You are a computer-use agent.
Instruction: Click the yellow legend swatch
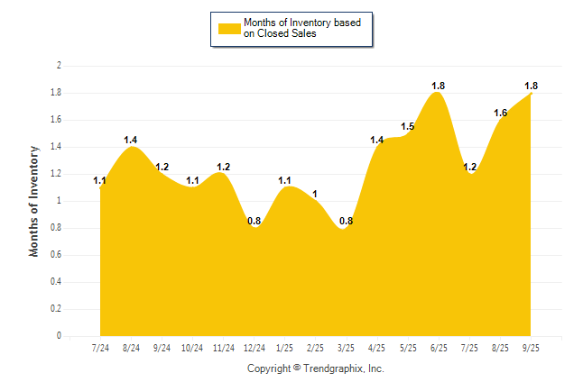pyautogui.click(x=227, y=29)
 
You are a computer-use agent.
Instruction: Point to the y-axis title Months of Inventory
pyautogui.click(x=34, y=201)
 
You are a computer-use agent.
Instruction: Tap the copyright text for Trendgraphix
pyautogui.click(x=315, y=368)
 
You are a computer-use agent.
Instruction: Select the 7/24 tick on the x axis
pyautogui.click(x=100, y=348)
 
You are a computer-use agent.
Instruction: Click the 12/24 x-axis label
pyautogui.click(x=254, y=348)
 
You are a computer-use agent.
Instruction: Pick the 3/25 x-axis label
pyautogui.click(x=347, y=348)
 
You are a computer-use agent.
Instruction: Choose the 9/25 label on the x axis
pyautogui.click(x=532, y=348)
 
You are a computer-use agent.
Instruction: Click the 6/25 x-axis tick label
pyautogui.click(x=439, y=348)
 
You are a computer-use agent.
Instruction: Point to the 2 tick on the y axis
pyautogui.click(x=59, y=66)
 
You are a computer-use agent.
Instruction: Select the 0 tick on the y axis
pyautogui.click(x=59, y=336)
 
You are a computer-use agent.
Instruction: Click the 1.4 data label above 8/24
pyautogui.click(x=131, y=140)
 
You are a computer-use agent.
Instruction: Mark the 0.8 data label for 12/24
pyautogui.click(x=254, y=221)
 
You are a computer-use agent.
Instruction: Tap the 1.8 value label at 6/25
pyautogui.click(x=439, y=86)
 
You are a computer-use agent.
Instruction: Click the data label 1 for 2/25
pyautogui.click(x=315, y=194)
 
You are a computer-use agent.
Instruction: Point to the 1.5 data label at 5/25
pyautogui.click(x=408, y=126)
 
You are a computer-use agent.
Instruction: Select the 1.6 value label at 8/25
pyautogui.click(x=501, y=113)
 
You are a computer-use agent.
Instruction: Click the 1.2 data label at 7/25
pyautogui.click(x=470, y=167)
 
